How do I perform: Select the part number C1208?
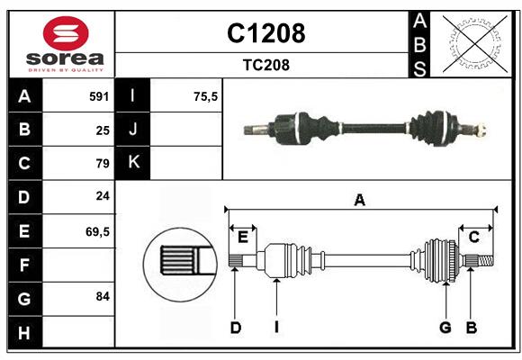265,33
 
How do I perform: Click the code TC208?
265,65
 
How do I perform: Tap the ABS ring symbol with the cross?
470,43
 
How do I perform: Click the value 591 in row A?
99,96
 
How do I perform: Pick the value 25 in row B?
102,130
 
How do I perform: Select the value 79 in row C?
102,164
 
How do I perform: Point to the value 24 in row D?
102,195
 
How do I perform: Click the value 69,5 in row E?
97,231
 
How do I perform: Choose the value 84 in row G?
102,296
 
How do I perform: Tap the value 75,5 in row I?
207,96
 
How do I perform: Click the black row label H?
24,332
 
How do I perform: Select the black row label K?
134,163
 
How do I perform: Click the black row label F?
24,265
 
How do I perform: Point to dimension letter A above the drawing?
359,200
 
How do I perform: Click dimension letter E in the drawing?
243,237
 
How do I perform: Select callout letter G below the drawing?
445,328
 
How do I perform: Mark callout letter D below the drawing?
236,328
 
